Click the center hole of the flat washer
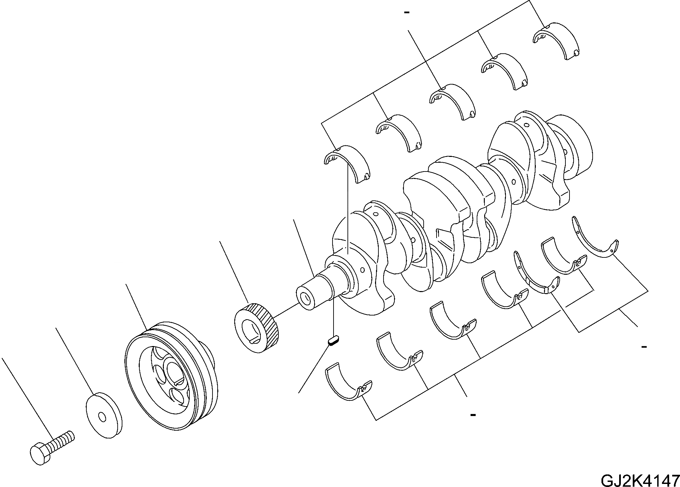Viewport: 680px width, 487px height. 101,416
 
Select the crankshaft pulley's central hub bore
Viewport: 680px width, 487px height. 175,374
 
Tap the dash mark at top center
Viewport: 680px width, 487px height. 407,13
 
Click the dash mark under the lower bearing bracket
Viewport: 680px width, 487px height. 473,415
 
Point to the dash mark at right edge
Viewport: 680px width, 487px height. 643,347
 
